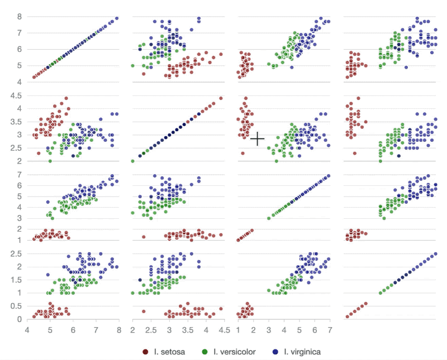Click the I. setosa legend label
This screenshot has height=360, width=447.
170,352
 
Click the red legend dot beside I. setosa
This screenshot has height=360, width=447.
145,352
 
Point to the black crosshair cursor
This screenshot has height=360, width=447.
257,139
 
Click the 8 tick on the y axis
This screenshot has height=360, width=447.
18,17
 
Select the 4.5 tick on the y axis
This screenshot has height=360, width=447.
16,95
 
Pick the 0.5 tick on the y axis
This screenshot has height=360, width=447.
16,306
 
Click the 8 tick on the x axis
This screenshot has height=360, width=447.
118,330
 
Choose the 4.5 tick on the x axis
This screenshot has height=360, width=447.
225,330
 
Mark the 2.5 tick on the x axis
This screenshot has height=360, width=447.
151,330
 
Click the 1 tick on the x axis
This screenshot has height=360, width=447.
238,330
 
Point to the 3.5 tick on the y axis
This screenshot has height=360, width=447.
16,121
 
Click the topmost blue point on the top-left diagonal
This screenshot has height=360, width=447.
116,18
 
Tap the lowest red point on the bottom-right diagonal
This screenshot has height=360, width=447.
348,316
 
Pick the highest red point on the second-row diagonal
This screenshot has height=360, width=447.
221,98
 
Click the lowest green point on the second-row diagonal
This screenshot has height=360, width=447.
133,161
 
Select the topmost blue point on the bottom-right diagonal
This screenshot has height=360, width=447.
435,253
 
